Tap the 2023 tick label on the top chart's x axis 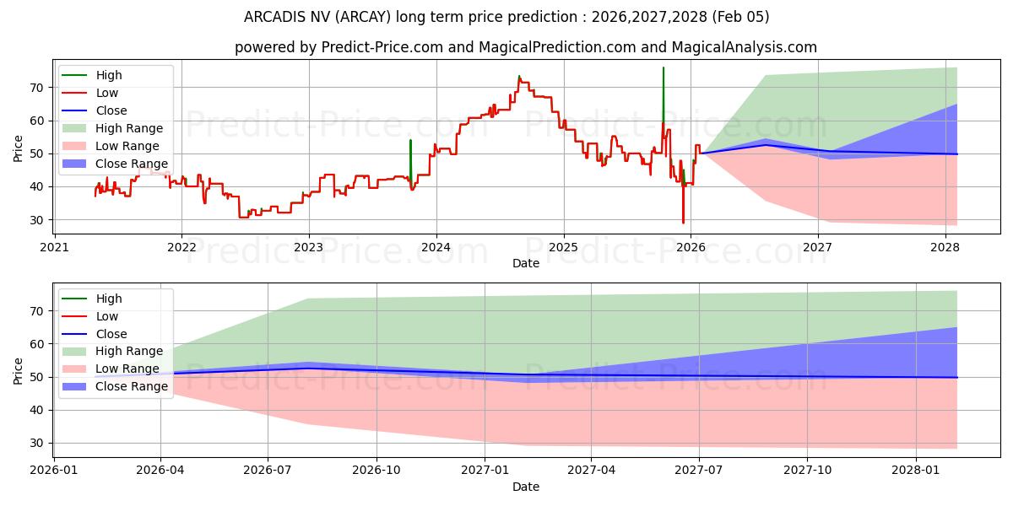pyautogui.click(x=308, y=247)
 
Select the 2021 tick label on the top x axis pyautogui.click(x=54, y=247)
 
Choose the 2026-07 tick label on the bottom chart pyautogui.click(x=268, y=470)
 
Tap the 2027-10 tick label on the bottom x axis pyautogui.click(x=807, y=470)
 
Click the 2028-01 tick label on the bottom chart pyautogui.click(x=915, y=470)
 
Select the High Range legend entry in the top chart pyautogui.click(x=129, y=128)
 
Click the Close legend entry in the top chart pyautogui.click(x=111, y=110)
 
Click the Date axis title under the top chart pyautogui.click(x=525, y=263)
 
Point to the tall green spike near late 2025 pyautogui.click(x=663, y=84)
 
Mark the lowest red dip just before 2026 pyautogui.click(x=683, y=221)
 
